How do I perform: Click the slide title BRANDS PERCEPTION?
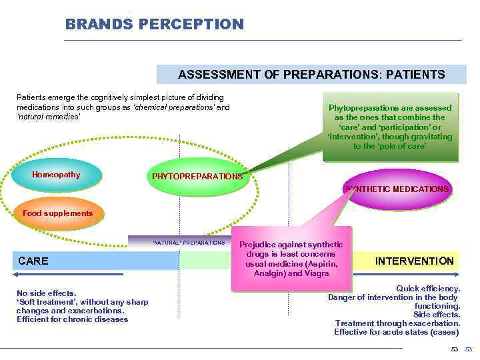[x=155, y=24]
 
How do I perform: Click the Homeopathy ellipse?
[x=56, y=175]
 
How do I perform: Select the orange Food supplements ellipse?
[x=58, y=213]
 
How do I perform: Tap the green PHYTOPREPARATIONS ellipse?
[x=197, y=177]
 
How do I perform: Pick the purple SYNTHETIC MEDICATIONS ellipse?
[x=397, y=189]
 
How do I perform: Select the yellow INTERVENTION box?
[x=413, y=261]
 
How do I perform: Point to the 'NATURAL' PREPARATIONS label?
[x=189, y=243]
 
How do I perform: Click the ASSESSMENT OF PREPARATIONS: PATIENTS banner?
[x=311, y=74]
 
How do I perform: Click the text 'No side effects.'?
[x=46, y=293]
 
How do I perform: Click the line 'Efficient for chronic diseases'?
[x=72, y=319]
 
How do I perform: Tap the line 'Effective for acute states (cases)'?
[x=397, y=332]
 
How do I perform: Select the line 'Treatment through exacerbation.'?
[x=397, y=323]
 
